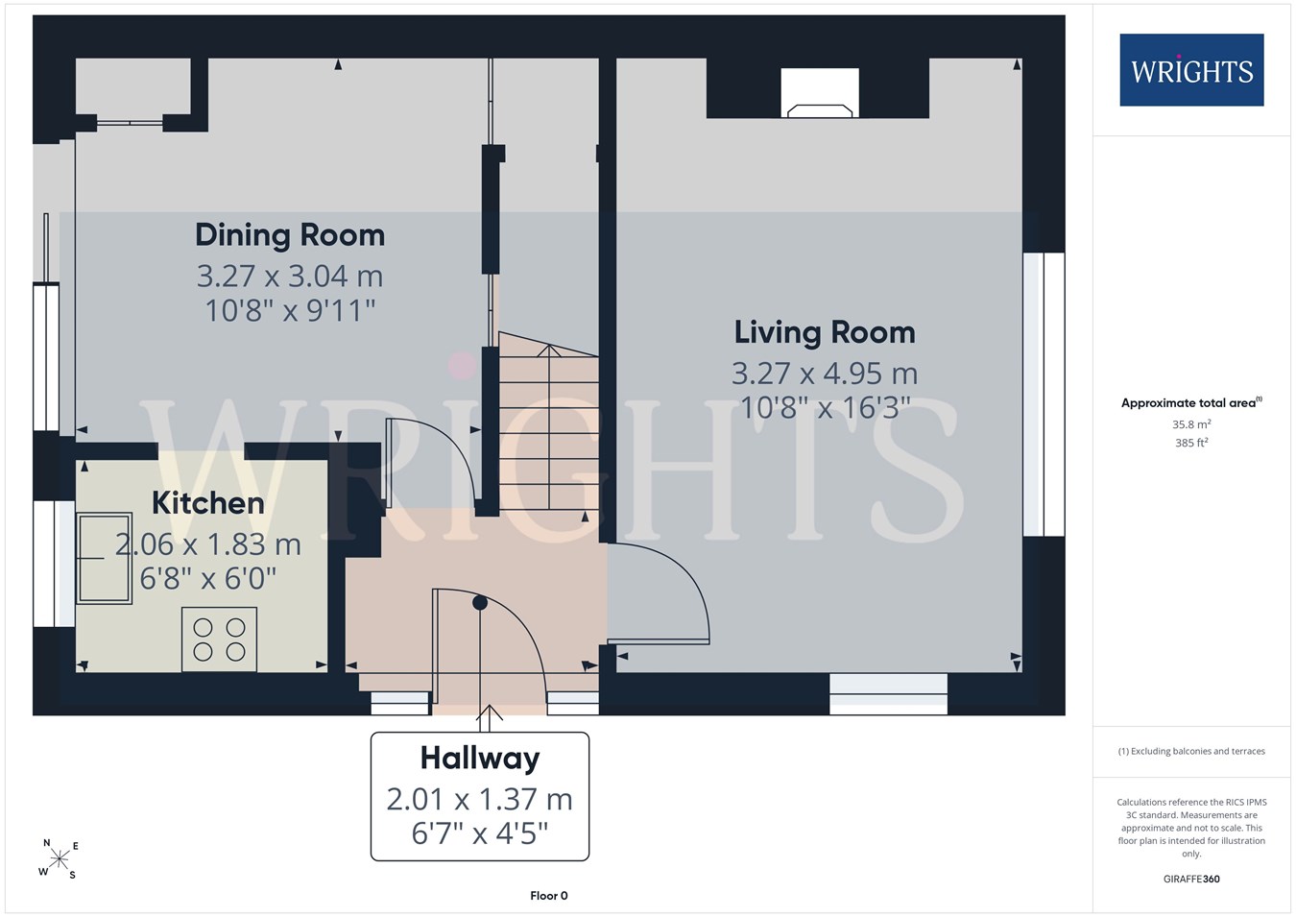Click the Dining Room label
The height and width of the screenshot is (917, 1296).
290,236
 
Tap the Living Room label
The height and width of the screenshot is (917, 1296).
825,332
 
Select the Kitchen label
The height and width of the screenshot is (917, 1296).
207,503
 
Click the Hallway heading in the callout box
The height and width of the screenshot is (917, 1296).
480,759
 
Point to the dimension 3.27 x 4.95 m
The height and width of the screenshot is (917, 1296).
825,374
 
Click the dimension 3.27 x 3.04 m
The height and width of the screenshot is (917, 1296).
290,276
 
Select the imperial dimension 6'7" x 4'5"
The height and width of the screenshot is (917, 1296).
480,833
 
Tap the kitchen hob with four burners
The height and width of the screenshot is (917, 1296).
219,639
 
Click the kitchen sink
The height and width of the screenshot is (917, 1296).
104,558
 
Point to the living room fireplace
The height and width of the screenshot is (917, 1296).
820,92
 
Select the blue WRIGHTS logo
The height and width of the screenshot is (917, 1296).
1192,70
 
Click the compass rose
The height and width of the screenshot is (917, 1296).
59,859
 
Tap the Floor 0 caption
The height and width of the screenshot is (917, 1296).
549,896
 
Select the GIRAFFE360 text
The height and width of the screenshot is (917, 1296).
1192,879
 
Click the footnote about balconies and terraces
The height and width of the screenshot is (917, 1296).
1192,751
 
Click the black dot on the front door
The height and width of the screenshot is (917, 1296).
480,603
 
